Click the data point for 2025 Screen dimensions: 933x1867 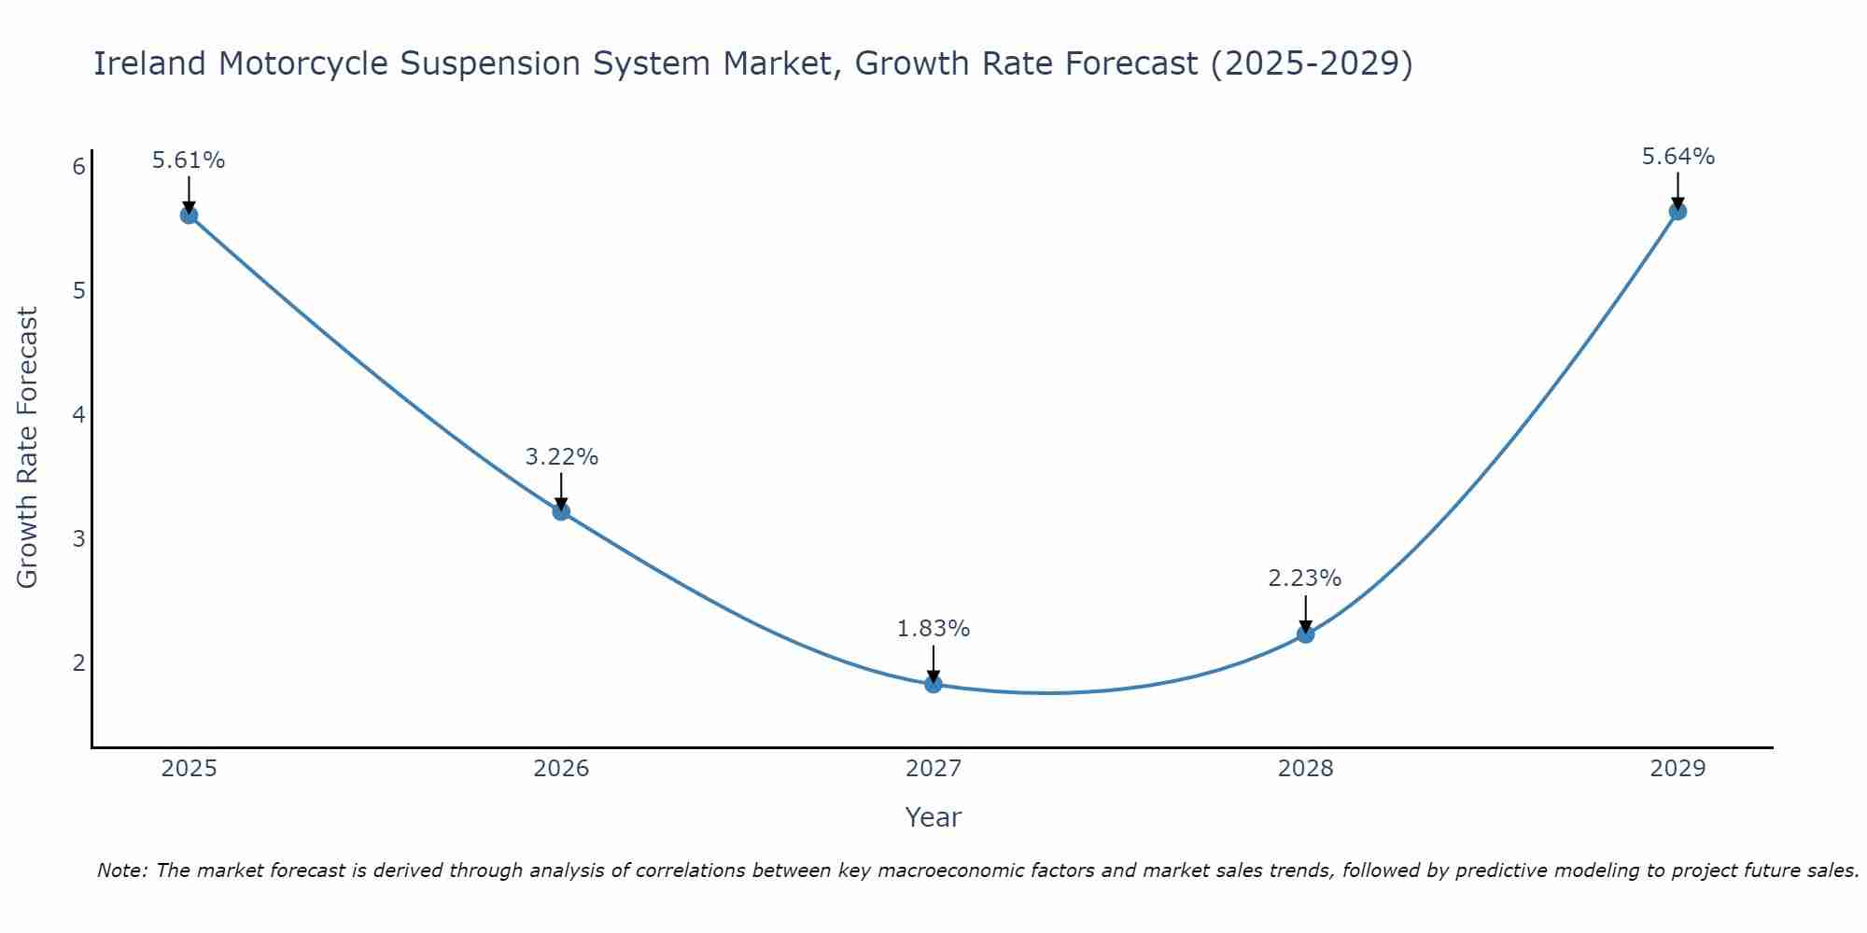pyautogui.click(x=189, y=216)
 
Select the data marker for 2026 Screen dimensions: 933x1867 pyautogui.click(x=561, y=511)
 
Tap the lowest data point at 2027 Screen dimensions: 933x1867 pyautogui.click(x=933, y=684)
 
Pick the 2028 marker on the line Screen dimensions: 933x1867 pyautogui.click(x=1305, y=634)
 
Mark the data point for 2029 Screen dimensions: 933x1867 pyautogui.click(x=1677, y=212)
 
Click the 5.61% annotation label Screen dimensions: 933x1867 pyautogui.click(x=189, y=160)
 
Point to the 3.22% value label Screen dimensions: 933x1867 pyautogui.click(x=561, y=457)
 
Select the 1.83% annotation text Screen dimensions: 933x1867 pyautogui.click(x=933, y=629)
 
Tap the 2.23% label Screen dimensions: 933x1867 pyautogui.click(x=1305, y=578)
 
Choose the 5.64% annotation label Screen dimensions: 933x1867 pyautogui.click(x=1677, y=157)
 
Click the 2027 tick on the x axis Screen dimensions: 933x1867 pyautogui.click(x=933, y=769)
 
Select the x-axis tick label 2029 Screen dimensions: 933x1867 pyautogui.click(x=1677, y=769)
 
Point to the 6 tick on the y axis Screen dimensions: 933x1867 pyautogui.click(x=78, y=167)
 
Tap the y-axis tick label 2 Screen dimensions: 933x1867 pyautogui.click(x=78, y=663)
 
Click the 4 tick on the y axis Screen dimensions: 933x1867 pyautogui.click(x=78, y=415)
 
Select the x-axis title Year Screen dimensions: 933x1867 pyautogui.click(x=933, y=817)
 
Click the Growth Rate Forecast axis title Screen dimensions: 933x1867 pyautogui.click(x=28, y=448)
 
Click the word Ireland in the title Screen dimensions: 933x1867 pyautogui.click(x=149, y=63)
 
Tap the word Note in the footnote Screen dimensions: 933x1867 pyautogui.click(x=121, y=870)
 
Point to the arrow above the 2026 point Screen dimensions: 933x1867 pyautogui.click(x=561, y=490)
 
